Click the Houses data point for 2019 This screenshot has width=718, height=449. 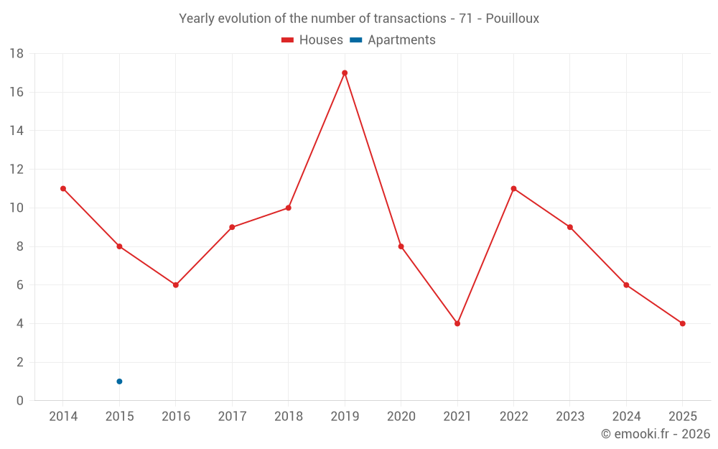(x=345, y=73)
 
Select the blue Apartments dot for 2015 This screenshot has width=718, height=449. (x=119, y=381)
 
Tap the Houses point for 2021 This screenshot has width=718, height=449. (x=457, y=323)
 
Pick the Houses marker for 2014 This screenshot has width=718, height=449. (x=63, y=188)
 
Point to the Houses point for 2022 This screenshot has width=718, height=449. (x=513, y=188)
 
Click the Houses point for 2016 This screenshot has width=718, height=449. (x=176, y=284)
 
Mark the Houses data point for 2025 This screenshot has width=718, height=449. (x=682, y=323)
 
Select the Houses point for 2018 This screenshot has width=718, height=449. (x=288, y=208)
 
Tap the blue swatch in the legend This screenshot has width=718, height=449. (x=355, y=40)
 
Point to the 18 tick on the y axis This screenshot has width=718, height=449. (x=16, y=54)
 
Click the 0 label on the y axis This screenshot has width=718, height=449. (x=20, y=401)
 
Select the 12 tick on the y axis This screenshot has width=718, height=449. (x=16, y=170)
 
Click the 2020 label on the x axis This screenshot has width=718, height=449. (x=401, y=417)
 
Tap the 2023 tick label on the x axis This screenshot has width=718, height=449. (x=569, y=417)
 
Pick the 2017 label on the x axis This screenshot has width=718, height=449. (x=232, y=417)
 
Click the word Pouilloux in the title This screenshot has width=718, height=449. (x=512, y=19)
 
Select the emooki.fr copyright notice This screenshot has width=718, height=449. (x=655, y=434)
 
